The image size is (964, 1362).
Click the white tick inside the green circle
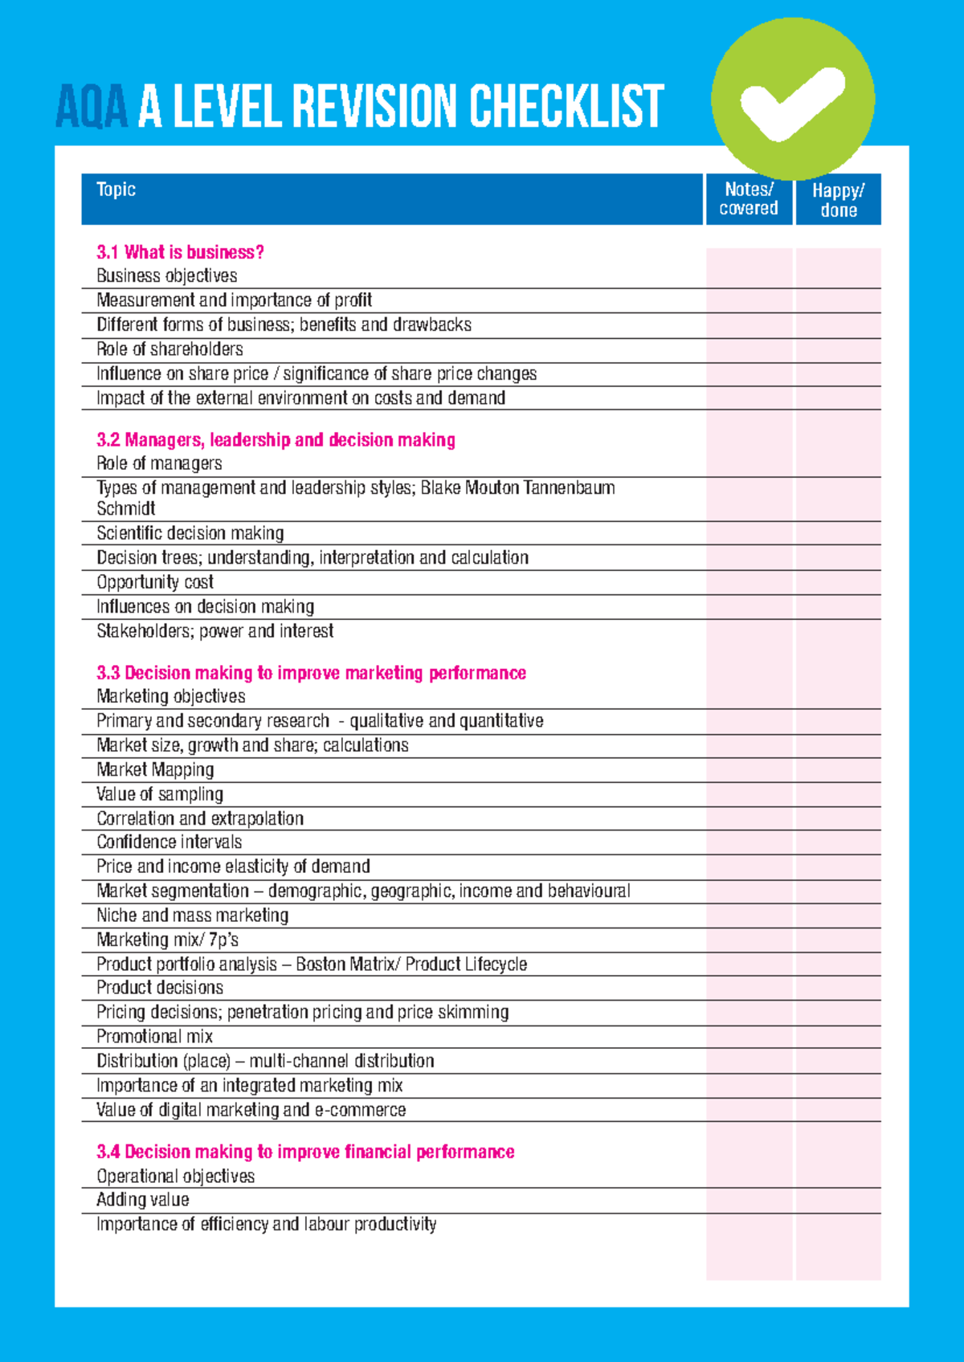(791, 102)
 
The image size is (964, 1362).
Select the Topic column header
(116, 190)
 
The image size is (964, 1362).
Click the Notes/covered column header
(749, 199)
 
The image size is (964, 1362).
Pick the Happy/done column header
(838, 200)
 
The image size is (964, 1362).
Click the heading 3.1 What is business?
(180, 252)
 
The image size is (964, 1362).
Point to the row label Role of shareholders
(170, 349)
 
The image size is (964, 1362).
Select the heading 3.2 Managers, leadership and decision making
(276, 440)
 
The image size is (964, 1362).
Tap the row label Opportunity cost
(155, 582)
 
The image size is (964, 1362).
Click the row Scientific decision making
(190, 533)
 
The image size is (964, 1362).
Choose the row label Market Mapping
(155, 770)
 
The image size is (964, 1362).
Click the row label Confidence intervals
(170, 842)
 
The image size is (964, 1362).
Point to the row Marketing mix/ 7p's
(167, 940)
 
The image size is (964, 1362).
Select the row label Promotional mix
(154, 1037)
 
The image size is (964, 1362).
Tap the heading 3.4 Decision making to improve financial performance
(305, 1152)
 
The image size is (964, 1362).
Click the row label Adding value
(143, 1200)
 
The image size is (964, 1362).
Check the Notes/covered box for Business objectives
(749, 276)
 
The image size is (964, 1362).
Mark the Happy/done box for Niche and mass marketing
(838, 915)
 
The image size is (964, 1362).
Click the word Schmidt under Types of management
(126, 508)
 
